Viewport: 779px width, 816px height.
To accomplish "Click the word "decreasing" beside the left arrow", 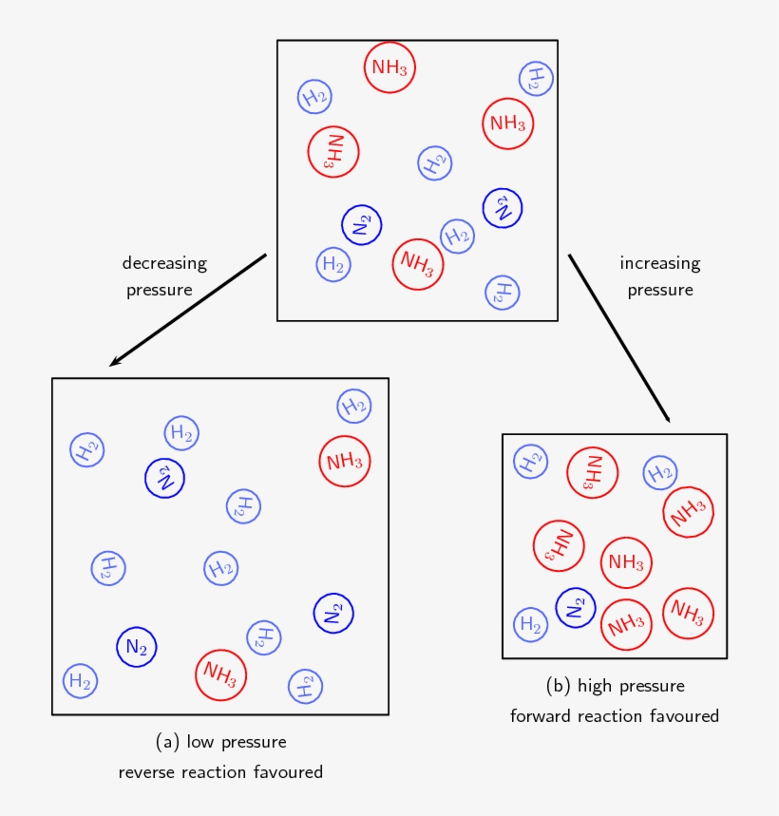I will (x=164, y=263).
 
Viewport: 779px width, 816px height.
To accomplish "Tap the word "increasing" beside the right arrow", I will (x=659, y=263).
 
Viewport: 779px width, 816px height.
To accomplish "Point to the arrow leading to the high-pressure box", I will (x=619, y=338).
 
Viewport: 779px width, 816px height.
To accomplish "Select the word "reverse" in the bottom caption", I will (x=150, y=772).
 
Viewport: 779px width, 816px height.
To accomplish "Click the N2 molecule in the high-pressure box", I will (x=575, y=608).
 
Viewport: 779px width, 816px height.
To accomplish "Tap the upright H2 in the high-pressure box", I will (x=530, y=624).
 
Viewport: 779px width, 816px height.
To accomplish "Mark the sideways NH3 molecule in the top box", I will (x=333, y=151).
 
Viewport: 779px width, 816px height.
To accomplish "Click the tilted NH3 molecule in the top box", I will (x=418, y=263).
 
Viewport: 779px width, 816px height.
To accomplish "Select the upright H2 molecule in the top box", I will (x=333, y=264).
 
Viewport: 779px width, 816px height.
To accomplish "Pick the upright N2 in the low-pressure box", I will (x=137, y=648).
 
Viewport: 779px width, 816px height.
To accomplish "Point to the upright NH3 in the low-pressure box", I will (x=344, y=462).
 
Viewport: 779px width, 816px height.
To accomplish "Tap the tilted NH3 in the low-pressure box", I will (x=220, y=675).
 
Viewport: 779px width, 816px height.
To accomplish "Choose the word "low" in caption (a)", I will (x=201, y=742).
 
